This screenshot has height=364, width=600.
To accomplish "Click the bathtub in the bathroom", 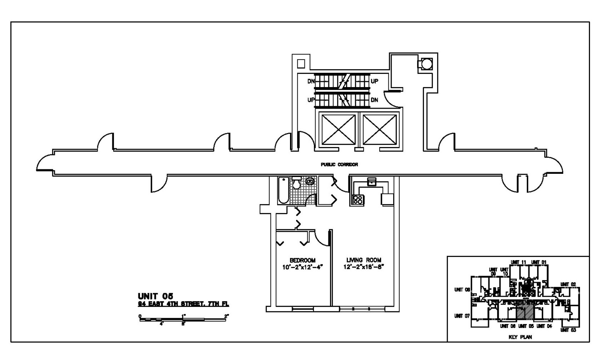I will click(283, 190).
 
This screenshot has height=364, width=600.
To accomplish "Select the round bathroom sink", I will click(310, 181).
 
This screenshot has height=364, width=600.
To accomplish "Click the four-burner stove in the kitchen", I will click(358, 199).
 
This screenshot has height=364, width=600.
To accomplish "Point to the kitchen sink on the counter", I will click(372, 181).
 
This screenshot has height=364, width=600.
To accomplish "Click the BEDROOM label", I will click(302, 261).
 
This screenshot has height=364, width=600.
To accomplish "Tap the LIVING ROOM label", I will click(364, 260).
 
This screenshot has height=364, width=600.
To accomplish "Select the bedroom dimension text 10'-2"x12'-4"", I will click(302, 267).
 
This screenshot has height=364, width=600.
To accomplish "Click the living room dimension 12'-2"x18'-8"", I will click(364, 267).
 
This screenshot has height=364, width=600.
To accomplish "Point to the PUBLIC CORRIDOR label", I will click(339, 164).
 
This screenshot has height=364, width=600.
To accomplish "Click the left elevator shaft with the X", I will click(339, 129).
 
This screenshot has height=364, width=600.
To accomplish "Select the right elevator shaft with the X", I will click(380, 129).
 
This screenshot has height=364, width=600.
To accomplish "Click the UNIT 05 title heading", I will click(156, 296).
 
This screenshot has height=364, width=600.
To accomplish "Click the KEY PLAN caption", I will click(520, 337).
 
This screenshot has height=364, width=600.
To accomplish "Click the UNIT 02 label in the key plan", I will click(568, 284).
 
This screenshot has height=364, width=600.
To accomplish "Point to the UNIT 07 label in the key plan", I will click(462, 316).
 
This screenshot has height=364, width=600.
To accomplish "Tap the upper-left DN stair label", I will click(311, 82).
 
